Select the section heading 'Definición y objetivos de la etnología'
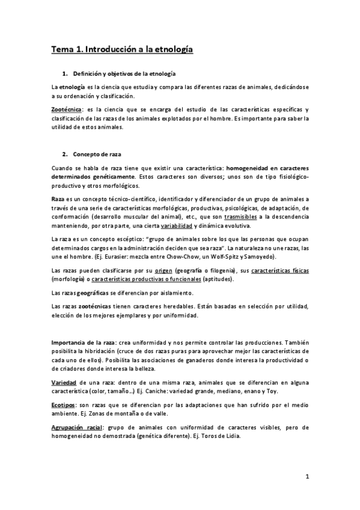(x=124, y=73)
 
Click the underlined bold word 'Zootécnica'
(x=66, y=109)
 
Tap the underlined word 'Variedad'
(x=64, y=382)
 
